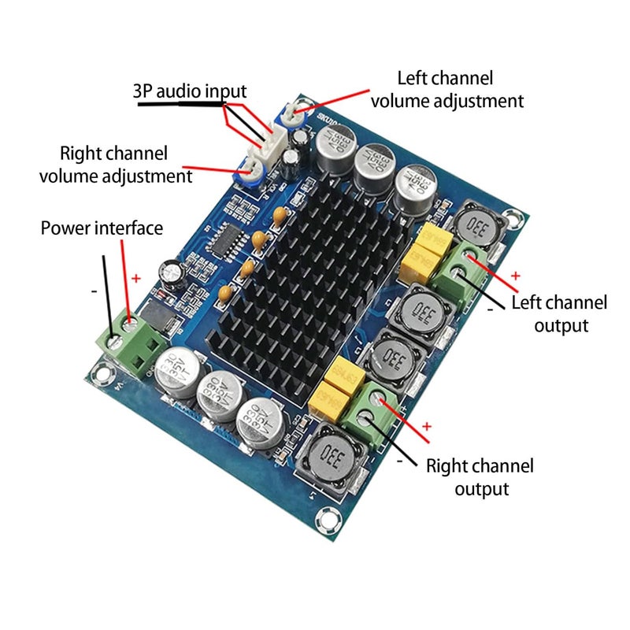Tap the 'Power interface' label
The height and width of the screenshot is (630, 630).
tap(102, 228)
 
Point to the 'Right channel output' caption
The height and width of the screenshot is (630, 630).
tap(480, 476)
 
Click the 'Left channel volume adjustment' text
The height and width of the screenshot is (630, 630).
tap(447, 90)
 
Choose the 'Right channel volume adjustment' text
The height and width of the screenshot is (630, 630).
tap(116, 164)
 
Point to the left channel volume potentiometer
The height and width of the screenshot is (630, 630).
tap(291, 116)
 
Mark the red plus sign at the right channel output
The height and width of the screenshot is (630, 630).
tap(427, 426)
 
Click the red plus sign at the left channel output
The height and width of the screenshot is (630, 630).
tap(516, 276)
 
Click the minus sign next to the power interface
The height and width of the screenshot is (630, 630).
tap(94, 291)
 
